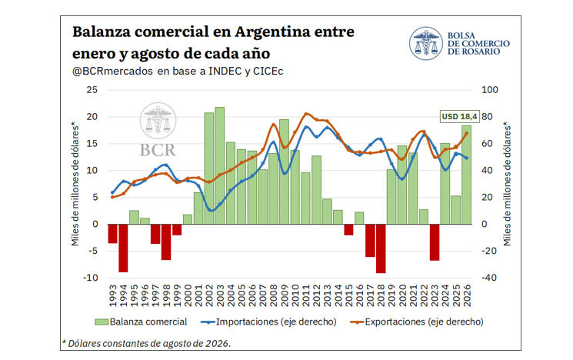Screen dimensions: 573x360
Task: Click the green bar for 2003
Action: tap(220, 165)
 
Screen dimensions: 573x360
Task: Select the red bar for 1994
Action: tap(123, 248)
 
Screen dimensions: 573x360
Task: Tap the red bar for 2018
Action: tap(381, 248)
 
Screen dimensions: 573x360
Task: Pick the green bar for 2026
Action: tap(466, 175)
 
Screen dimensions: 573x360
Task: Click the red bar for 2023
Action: tap(435, 242)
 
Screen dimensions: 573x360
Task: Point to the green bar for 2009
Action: tap(284, 172)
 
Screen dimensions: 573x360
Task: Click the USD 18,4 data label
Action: tap(459, 117)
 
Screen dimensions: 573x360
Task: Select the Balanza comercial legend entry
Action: tap(141, 322)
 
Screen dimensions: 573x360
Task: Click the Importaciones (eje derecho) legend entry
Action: tap(268, 322)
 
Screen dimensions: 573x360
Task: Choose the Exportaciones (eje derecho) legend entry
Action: tap(417, 322)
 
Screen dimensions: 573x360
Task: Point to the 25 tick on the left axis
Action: tap(92, 90)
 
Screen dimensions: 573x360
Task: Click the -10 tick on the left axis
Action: tap(90, 278)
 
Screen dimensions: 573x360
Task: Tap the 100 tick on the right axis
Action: tap(490, 90)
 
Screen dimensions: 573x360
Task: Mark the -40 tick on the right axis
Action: tap(488, 278)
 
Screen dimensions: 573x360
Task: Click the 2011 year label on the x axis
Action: tap(306, 295)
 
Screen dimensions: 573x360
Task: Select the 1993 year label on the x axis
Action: tap(113, 295)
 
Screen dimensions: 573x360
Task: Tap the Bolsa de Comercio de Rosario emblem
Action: tap(426, 44)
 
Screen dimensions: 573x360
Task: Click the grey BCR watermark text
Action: tap(158, 150)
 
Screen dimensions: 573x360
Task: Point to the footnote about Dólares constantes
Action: tap(147, 344)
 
